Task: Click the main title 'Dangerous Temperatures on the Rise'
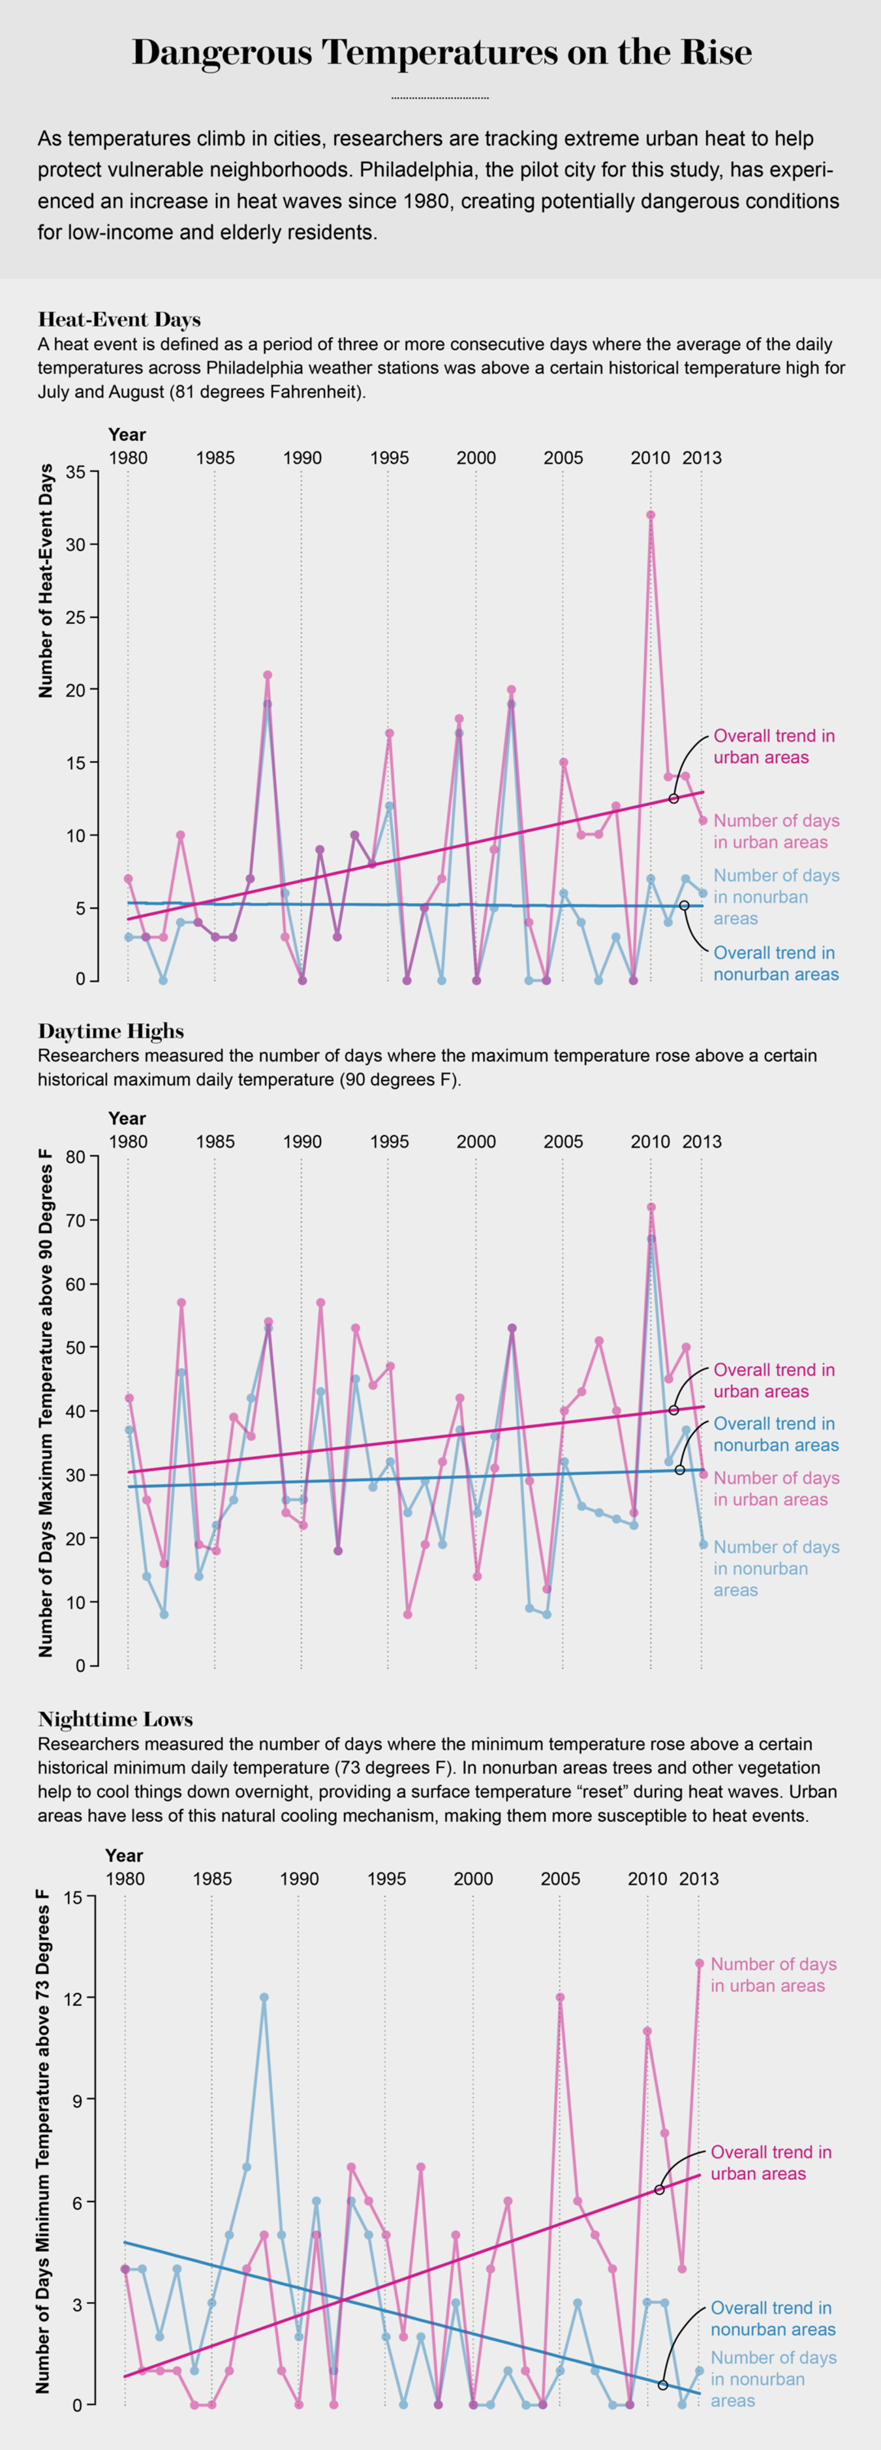click(440, 53)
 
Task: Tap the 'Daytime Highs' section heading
click(110, 1031)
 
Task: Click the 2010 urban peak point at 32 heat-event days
click(651, 515)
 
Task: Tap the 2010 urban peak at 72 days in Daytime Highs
click(651, 1207)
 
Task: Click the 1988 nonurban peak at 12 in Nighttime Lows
click(264, 1997)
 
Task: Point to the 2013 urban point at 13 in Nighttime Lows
click(700, 1963)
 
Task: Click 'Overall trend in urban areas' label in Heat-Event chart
click(773, 747)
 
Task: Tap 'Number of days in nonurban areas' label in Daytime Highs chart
click(775, 1568)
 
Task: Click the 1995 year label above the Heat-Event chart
click(389, 458)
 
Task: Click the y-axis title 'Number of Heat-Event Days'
click(46, 582)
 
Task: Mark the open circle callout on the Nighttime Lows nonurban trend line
click(663, 2384)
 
